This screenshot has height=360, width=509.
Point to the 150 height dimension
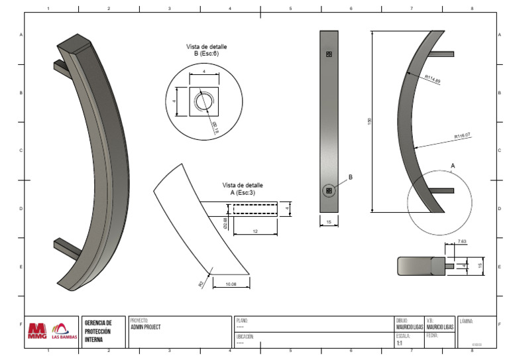(370, 121)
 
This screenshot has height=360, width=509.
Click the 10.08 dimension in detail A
(231, 284)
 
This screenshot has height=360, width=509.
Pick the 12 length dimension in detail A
(254, 231)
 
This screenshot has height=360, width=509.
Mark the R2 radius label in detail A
(201, 282)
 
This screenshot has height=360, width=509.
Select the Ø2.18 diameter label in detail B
(215, 126)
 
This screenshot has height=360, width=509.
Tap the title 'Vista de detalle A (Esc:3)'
(243, 188)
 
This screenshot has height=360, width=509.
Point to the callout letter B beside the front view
(351, 178)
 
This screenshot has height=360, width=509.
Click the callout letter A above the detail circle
(453, 164)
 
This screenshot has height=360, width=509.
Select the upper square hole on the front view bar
(329, 55)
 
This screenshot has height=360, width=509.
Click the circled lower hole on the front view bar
(329, 191)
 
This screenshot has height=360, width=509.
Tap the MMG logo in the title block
(38, 330)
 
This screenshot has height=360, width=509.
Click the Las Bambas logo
(64, 331)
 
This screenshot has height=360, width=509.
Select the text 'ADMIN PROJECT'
(146, 327)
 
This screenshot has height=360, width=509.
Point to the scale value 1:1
(399, 343)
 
